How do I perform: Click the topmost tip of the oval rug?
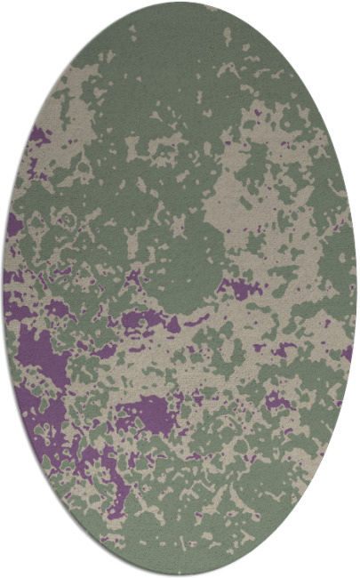coord(180,3)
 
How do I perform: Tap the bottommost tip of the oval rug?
coord(180,574)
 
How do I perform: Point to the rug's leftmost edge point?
coord(4,289)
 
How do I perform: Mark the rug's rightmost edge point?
coord(356,289)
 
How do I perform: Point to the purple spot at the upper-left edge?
coord(37,135)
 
